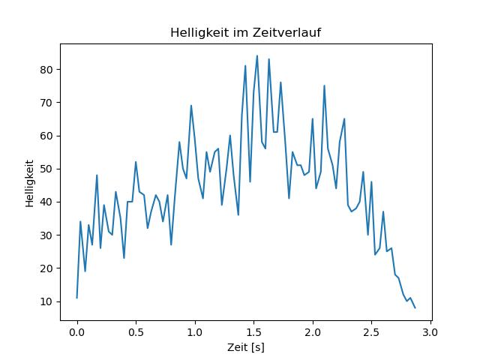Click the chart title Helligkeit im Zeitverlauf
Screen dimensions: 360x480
click(246, 33)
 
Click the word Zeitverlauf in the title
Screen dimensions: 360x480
click(288, 33)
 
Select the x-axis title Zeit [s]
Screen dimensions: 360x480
click(246, 348)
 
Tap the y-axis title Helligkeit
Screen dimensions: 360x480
click(29, 182)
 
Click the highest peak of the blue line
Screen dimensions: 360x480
click(256, 55)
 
